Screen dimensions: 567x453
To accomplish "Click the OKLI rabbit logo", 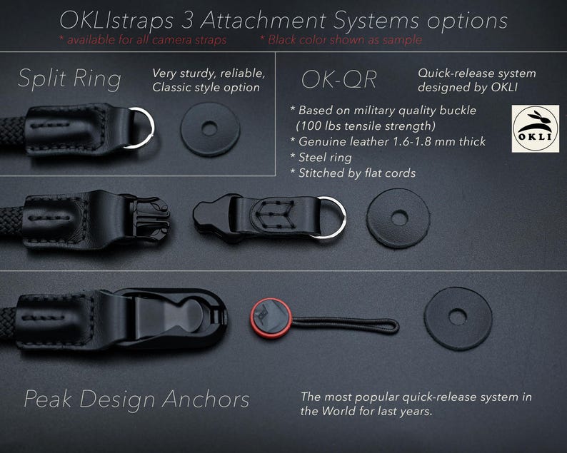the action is (x=535, y=128).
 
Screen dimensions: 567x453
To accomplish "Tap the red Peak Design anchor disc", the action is (x=271, y=318).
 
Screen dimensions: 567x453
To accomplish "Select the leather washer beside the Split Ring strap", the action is (x=210, y=129).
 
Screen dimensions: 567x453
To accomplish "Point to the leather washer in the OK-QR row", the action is (x=398, y=218).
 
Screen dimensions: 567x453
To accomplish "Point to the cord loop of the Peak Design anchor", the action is (x=346, y=325).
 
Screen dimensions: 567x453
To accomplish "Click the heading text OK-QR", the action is (x=338, y=79).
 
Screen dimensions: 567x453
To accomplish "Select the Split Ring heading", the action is (x=69, y=79).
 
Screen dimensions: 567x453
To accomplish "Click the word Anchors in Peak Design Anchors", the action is (x=206, y=399).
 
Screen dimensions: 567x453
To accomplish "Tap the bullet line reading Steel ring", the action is (x=321, y=158).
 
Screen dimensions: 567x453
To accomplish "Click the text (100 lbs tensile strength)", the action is (x=366, y=126).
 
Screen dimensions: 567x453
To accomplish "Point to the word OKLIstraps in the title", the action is (x=116, y=21).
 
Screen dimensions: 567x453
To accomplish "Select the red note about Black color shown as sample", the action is (x=341, y=40).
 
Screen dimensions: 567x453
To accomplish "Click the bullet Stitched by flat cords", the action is (x=353, y=173).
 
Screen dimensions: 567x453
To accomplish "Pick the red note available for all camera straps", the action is (x=143, y=40).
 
